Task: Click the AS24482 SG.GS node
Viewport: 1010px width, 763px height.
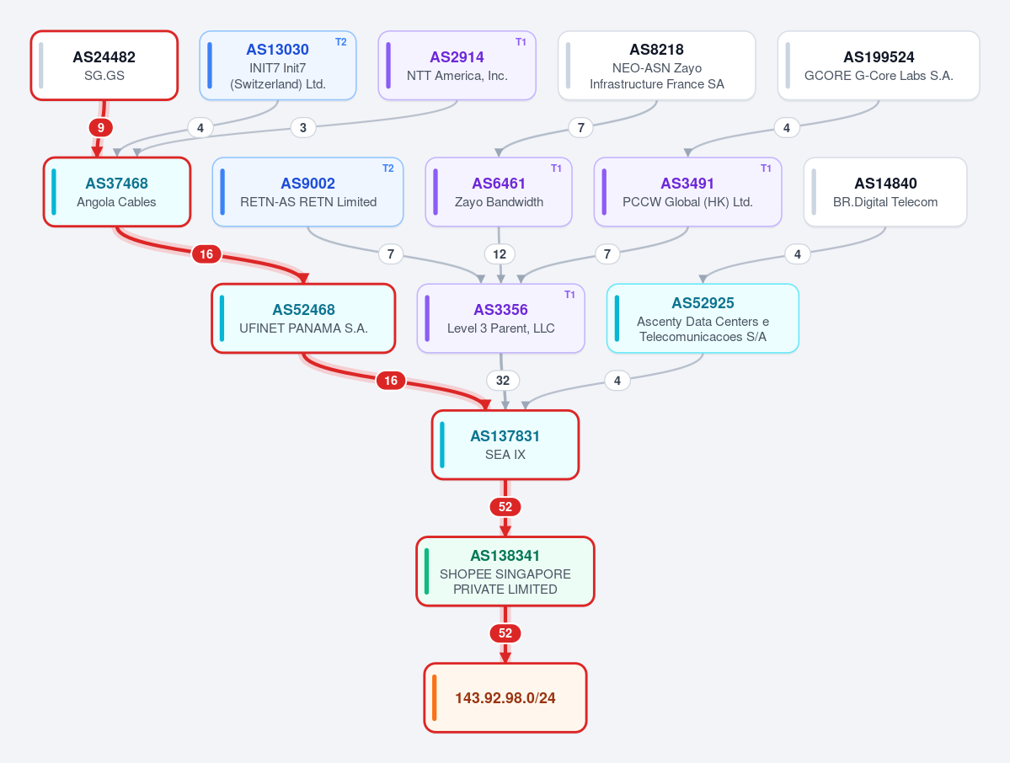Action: point(104,66)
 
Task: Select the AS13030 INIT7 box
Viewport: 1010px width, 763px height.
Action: point(278,66)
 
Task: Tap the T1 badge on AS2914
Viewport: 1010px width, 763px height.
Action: point(521,42)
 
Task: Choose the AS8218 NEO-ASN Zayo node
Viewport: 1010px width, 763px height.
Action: point(656,66)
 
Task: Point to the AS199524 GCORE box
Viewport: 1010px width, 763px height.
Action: point(879,66)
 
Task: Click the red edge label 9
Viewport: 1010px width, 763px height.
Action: point(100,127)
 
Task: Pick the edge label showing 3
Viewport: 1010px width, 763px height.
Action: point(302,127)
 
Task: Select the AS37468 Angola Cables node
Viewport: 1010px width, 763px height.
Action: point(116,192)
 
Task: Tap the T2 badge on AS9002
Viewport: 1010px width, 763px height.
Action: point(387,168)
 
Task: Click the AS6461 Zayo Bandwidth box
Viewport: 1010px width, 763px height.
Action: point(499,192)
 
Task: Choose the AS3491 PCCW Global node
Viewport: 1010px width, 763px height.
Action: point(687,192)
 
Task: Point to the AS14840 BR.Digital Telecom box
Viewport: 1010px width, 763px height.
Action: point(885,192)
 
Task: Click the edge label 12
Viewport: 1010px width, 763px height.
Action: point(500,254)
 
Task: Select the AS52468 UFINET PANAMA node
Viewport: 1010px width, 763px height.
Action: point(303,318)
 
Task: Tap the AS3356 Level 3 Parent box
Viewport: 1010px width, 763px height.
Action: point(500,318)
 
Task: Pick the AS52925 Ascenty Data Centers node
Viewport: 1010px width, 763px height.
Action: point(703,318)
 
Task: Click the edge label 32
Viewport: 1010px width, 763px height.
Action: point(502,381)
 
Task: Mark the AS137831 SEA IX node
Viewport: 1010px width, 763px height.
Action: point(505,445)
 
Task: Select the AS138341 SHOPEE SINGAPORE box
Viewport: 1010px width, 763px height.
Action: point(505,571)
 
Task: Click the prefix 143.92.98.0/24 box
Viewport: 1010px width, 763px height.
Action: point(505,697)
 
